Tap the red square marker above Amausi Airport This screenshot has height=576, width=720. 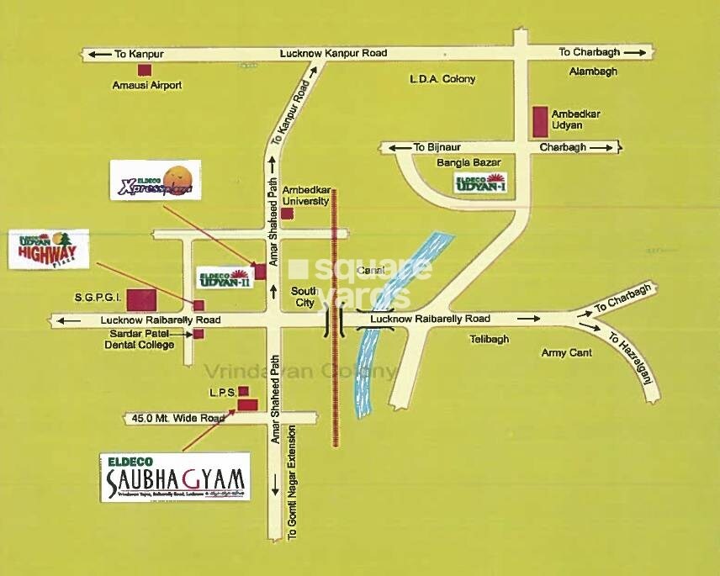(145, 70)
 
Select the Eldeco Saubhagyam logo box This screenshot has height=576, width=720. (175, 477)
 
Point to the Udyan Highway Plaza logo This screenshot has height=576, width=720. (48, 248)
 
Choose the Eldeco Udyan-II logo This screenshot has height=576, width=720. (224, 277)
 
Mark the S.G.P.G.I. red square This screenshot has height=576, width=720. (141, 299)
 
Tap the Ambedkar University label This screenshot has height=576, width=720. (305, 196)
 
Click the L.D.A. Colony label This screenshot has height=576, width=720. (442, 79)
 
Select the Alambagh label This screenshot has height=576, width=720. (593, 71)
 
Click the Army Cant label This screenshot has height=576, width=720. (566, 353)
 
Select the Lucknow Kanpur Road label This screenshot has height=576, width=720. (333, 53)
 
